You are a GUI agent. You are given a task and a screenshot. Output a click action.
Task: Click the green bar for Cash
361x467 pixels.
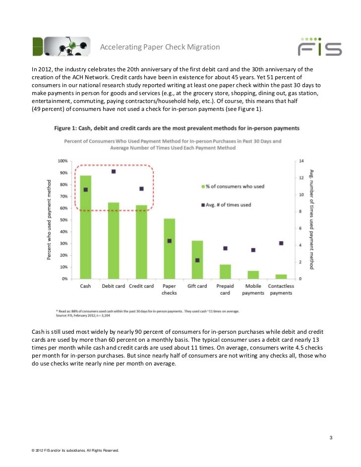pyautogui.click(x=85, y=228)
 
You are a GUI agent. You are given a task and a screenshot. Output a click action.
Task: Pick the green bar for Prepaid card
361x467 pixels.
pyautogui.click(x=225, y=271)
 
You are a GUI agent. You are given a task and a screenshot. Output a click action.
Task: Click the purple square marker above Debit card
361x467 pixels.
pyautogui.click(x=114, y=171)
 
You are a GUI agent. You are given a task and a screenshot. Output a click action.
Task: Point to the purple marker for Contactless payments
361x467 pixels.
pyautogui.click(x=281, y=243)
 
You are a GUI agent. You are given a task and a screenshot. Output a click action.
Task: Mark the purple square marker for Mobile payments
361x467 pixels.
pyautogui.click(x=253, y=250)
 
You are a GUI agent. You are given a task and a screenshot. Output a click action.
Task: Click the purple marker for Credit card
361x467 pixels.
pyautogui.click(x=141, y=189)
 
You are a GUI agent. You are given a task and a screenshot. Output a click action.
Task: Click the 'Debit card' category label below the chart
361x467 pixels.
pyautogui.click(x=113, y=286)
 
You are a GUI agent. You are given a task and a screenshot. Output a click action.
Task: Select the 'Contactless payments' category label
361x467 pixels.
pyautogui.click(x=281, y=289)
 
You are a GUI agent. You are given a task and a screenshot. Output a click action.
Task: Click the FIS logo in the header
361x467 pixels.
pyautogui.click(x=319, y=46)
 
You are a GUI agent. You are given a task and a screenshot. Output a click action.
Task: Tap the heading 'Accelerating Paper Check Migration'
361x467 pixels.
pyautogui.click(x=160, y=48)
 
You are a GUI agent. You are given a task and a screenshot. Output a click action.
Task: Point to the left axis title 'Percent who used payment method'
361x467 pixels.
pyautogui.click(x=49, y=220)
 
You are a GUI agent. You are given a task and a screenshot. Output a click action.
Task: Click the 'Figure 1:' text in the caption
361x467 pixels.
pyautogui.click(x=67, y=128)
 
